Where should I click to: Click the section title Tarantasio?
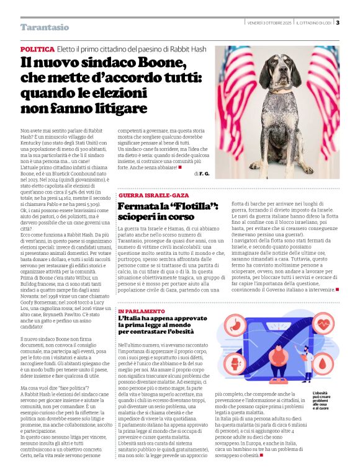(x=45, y=27)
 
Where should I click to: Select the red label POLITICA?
(x=37, y=49)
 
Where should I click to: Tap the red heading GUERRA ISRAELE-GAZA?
(x=153, y=195)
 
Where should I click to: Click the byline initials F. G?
(x=204, y=174)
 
